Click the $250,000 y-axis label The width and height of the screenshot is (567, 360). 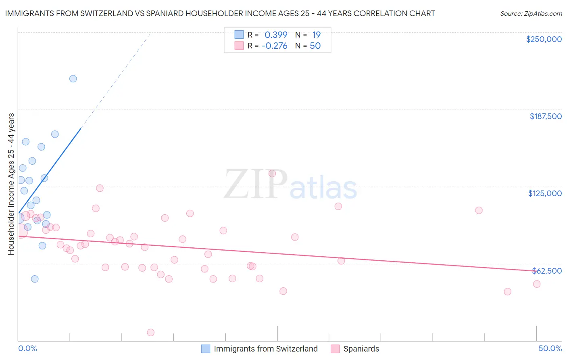[x=544, y=39]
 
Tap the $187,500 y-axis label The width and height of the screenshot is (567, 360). [x=545, y=116]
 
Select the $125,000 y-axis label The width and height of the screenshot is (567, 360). [x=545, y=193]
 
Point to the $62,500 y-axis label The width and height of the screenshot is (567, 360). [x=547, y=271]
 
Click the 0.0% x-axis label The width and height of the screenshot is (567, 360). [x=27, y=348]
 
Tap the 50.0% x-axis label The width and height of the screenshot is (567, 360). [x=550, y=348]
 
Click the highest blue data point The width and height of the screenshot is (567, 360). [x=73, y=79]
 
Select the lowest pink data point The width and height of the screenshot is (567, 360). [x=151, y=333]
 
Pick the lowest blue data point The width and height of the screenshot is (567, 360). [x=35, y=279]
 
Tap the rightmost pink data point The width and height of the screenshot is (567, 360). [x=537, y=284]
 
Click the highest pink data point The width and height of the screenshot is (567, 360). [x=272, y=174]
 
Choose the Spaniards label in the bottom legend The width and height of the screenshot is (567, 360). [x=361, y=349]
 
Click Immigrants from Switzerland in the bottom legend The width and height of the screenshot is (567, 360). [x=265, y=349]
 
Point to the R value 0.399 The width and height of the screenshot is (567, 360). [x=276, y=35]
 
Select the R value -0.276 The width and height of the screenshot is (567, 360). [x=274, y=46]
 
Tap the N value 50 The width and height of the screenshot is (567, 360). [x=315, y=46]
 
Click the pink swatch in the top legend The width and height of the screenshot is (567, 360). [x=239, y=46]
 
